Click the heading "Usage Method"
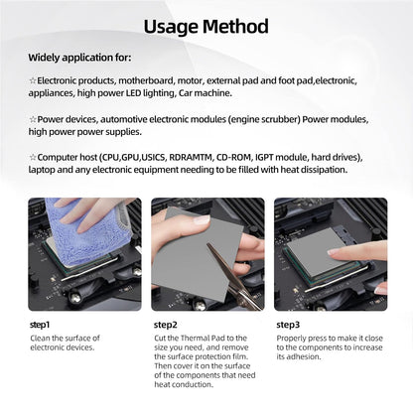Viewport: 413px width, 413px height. pos(206,26)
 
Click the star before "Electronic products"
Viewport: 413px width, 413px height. pos(32,79)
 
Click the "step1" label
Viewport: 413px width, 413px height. pos(40,324)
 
